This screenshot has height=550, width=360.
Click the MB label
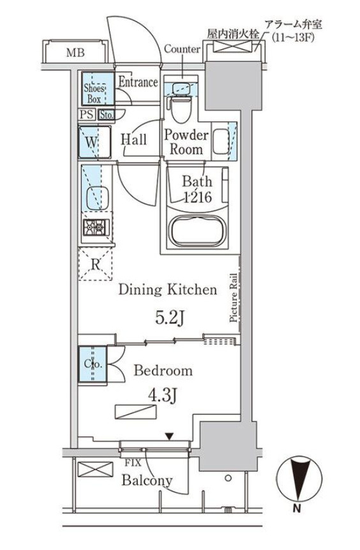(x=75, y=53)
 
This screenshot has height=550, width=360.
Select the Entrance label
(x=139, y=82)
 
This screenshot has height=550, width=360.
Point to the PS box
(x=87, y=114)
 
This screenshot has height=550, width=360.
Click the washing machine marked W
(x=94, y=142)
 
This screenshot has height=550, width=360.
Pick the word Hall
(x=133, y=140)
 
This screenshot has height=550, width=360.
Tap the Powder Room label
(x=186, y=142)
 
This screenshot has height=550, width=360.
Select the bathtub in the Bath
(x=198, y=232)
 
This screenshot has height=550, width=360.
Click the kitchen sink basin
(x=97, y=198)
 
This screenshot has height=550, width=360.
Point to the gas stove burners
(x=96, y=227)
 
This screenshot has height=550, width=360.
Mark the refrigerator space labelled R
(x=95, y=264)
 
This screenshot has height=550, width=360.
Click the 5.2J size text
(x=170, y=318)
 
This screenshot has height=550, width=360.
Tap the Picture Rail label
(x=234, y=297)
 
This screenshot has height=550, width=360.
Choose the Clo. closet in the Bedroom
(x=93, y=364)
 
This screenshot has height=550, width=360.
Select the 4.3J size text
(x=161, y=396)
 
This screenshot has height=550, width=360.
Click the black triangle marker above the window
(x=170, y=436)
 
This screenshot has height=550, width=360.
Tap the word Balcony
(x=147, y=480)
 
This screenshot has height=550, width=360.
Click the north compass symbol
(x=299, y=479)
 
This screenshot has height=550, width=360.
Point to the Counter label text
(x=182, y=48)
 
